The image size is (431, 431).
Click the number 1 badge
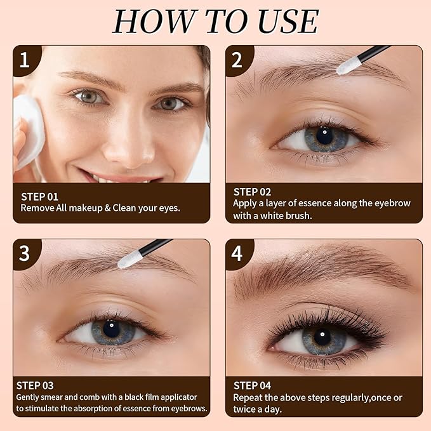[24, 60]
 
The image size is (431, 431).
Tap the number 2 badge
[237, 60]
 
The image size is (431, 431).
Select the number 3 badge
[24, 253]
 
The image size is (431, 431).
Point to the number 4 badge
[237, 253]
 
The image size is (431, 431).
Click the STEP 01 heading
[39, 197]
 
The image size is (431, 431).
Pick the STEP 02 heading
[252, 192]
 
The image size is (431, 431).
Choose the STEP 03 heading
[35, 385]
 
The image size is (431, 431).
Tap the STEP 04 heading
[252, 385]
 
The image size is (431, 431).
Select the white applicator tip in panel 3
[129, 257]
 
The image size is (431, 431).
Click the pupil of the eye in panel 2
[324, 135]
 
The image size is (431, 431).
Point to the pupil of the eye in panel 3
[111, 328]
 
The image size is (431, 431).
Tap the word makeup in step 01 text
[87, 208]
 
